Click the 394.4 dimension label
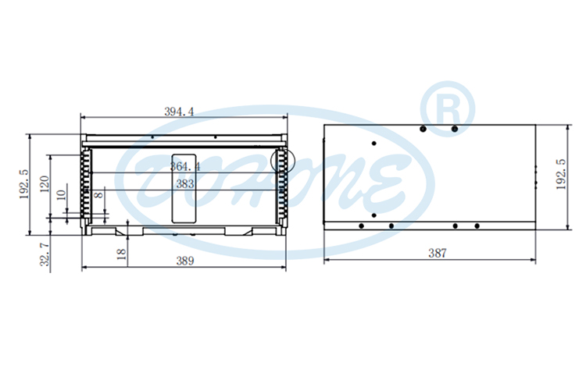coord(179,112)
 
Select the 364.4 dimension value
coord(185,166)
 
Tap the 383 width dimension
coord(185,184)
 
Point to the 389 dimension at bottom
coord(185,260)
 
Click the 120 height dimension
coord(45,185)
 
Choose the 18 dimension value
coord(121,254)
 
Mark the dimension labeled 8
coord(98,195)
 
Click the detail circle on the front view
coord(280,161)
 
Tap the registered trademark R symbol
coord(448,107)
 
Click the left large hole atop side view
coord(423,129)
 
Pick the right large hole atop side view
coord(454,129)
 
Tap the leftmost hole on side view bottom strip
coord(361,226)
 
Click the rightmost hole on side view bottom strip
coord(477,226)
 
